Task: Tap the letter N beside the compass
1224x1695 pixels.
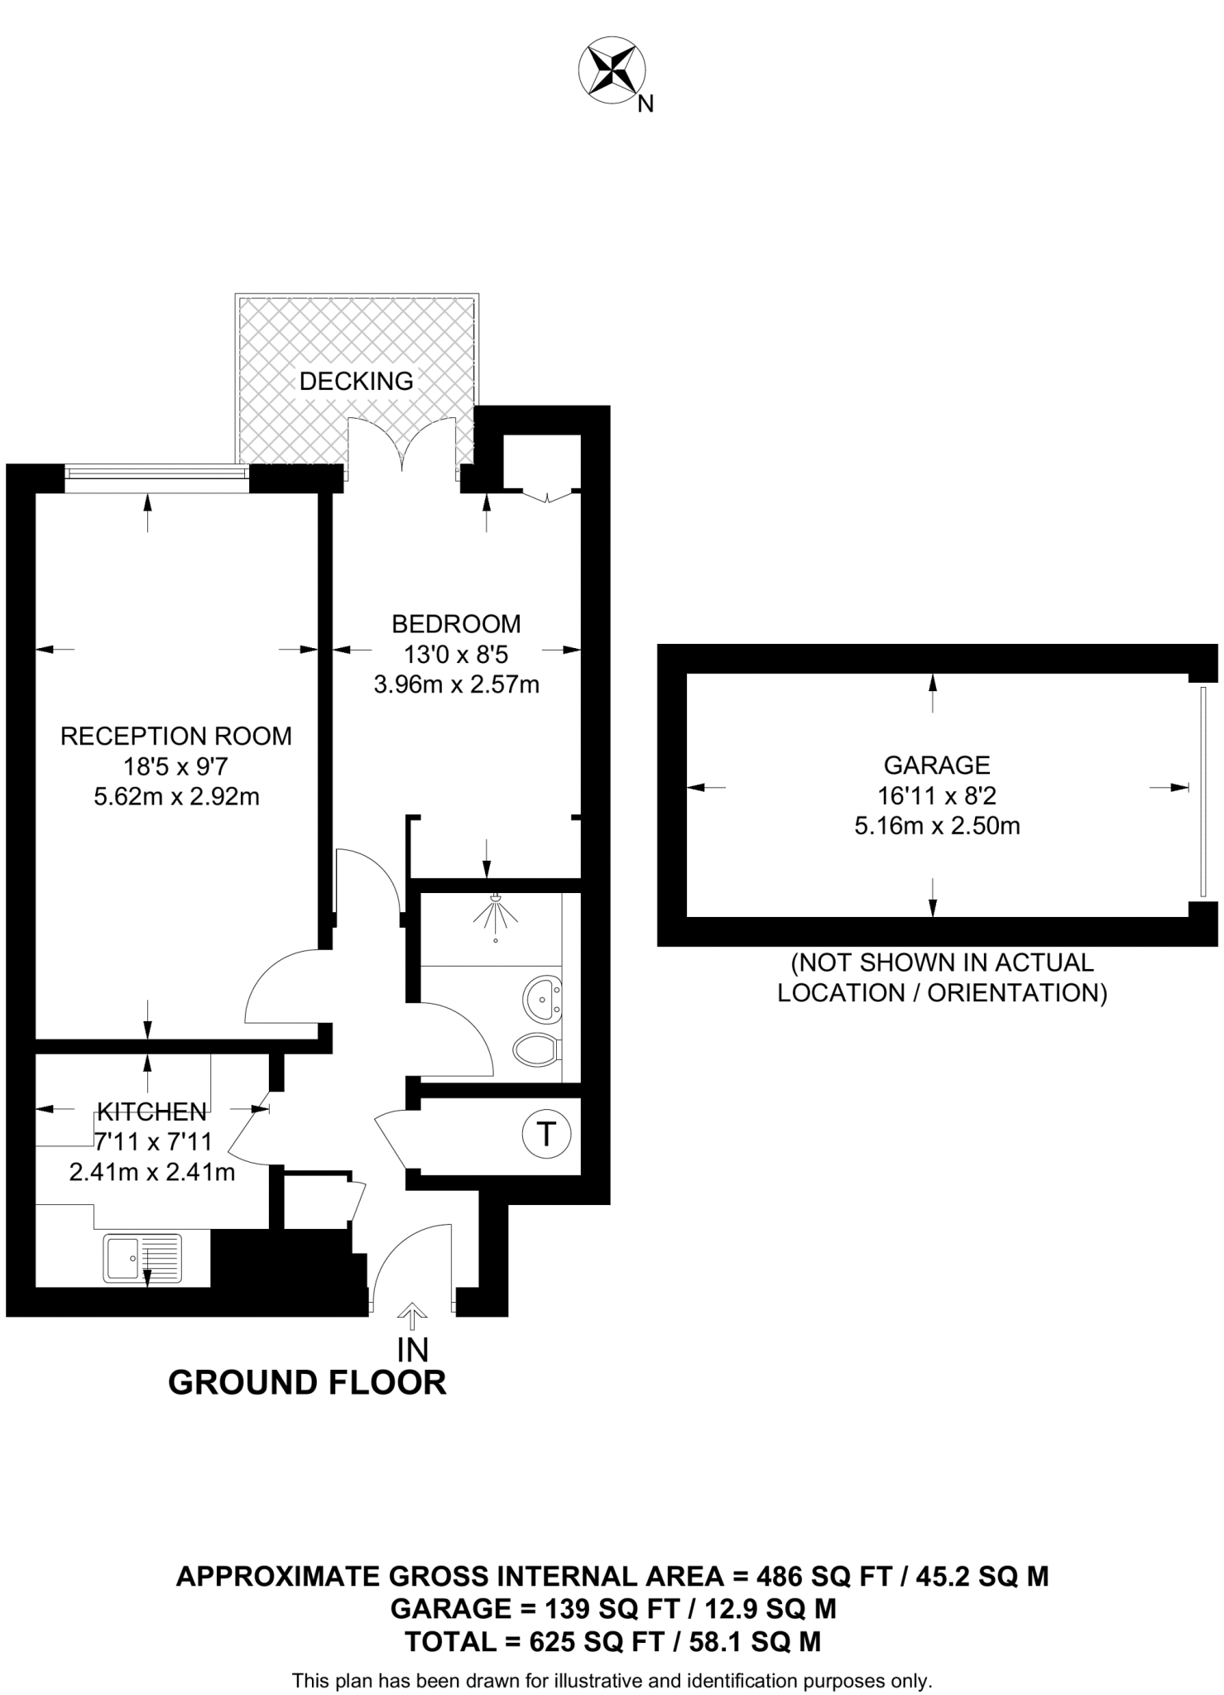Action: [x=646, y=104]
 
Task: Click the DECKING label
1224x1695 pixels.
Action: [x=356, y=382]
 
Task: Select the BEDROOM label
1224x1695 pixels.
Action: [x=456, y=623]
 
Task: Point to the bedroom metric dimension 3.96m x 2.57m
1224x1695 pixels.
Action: [x=456, y=685]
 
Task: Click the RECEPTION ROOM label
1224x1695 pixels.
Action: [x=176, y=736]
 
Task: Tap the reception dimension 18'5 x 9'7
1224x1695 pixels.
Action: [x=176, y=766]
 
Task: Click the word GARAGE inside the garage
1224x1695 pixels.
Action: [x=937, y=765]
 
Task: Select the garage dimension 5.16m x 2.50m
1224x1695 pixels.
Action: [x=937, y=826]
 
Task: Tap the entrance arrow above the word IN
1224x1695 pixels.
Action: [x=412, y=1313]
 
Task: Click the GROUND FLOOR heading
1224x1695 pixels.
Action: [x=307, y=1383]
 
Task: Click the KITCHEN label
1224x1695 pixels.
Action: [x=151, y=1112]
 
